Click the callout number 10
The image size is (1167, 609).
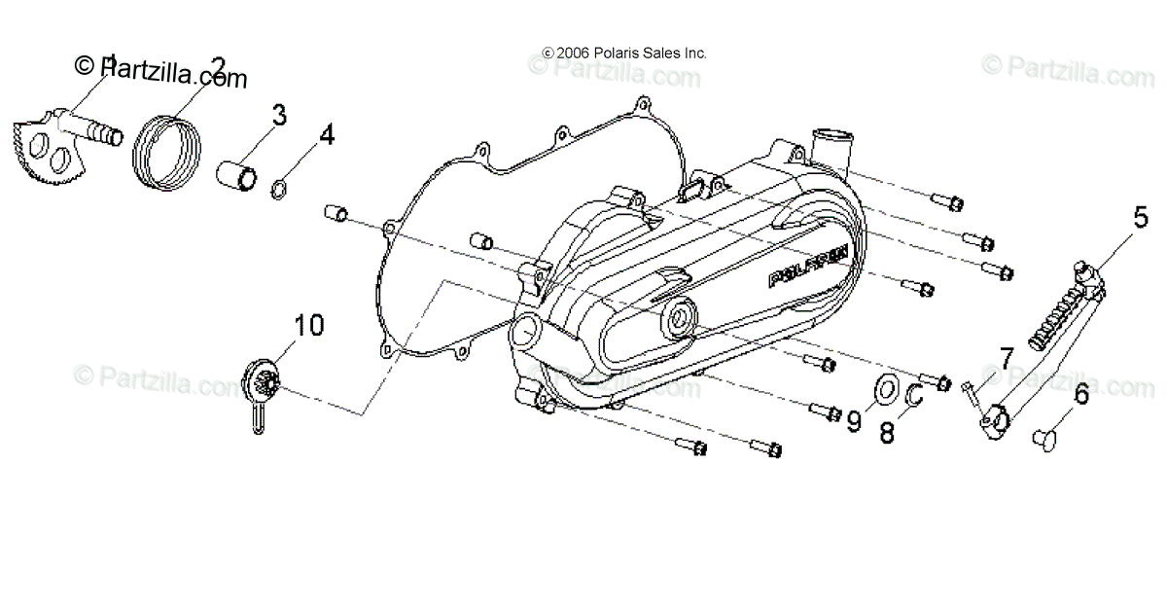coord(308,325)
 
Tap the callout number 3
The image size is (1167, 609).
coord(278,116)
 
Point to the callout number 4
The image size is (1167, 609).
coord(327,134)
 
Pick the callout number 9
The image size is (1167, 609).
coord(854,421)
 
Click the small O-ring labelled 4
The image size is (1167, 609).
coord(278,189)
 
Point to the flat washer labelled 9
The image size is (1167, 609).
coord(885,390)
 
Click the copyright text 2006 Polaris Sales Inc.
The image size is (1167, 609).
coord(624,54)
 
